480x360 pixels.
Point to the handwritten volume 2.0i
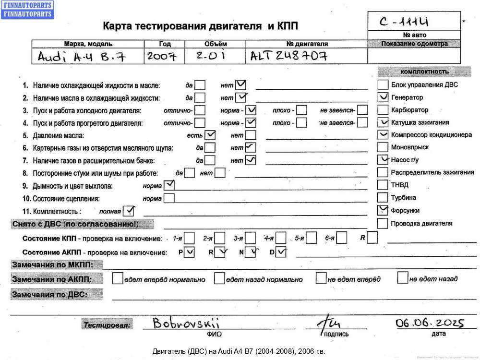[x=211, y=56]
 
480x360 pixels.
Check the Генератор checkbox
[x=383, y=97]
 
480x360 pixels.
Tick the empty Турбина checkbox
[x=383, y=197]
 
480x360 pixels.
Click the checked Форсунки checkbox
[x=383, y=210]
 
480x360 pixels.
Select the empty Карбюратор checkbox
[x=383, y=110]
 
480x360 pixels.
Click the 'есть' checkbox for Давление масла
[x=210, y=135]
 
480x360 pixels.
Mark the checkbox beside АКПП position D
[x=281, y=252]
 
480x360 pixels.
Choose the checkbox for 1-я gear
[x=190, y=238]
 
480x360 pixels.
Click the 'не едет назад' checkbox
[x=403, y=278]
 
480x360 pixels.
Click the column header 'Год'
[x=165, y=44]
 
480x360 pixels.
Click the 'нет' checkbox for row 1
[x=241, y=85]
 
